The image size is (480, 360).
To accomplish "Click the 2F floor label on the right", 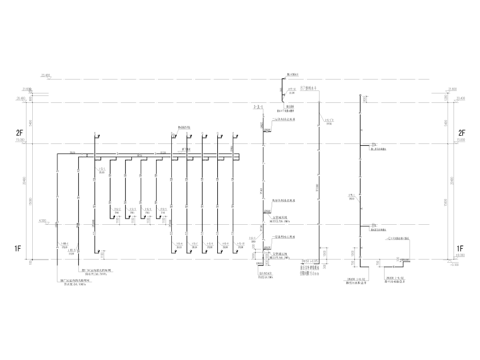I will [x=461, y=133].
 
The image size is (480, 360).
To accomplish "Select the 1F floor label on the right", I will [x=461, y=248].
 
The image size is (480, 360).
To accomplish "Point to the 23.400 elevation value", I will [x=45, y=76].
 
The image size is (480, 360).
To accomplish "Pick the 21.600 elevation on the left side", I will [x=26, y=89].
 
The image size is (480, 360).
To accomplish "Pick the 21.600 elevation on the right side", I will [x=451, y=89].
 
